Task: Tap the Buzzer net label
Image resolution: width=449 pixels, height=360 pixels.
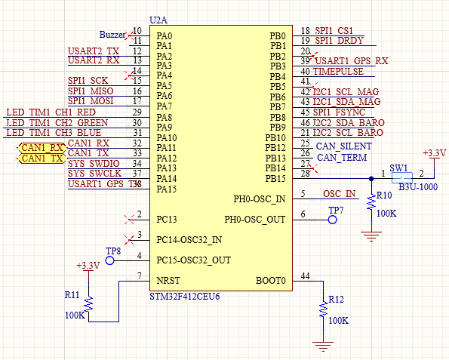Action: pos(114,35)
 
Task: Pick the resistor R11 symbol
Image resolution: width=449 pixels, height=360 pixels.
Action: pos(89,303)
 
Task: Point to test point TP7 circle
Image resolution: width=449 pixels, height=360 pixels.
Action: pos(331,220)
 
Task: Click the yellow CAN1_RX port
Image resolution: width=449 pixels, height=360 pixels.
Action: pos(42,147)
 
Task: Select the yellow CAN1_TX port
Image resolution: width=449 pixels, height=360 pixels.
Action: pos(42,158)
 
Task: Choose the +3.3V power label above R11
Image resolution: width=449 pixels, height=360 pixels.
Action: pos(88,266)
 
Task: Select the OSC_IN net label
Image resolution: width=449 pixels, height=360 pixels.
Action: pos(339,194)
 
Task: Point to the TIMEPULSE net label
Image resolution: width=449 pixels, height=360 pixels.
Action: pos(338,72)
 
